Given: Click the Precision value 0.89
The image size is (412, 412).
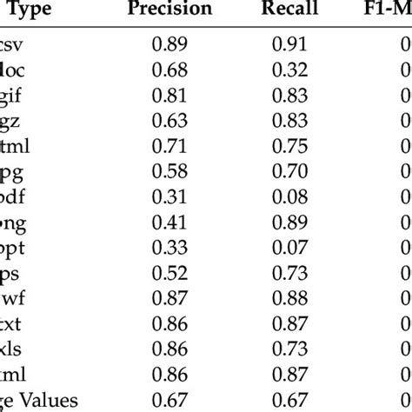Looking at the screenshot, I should (169, 44).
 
